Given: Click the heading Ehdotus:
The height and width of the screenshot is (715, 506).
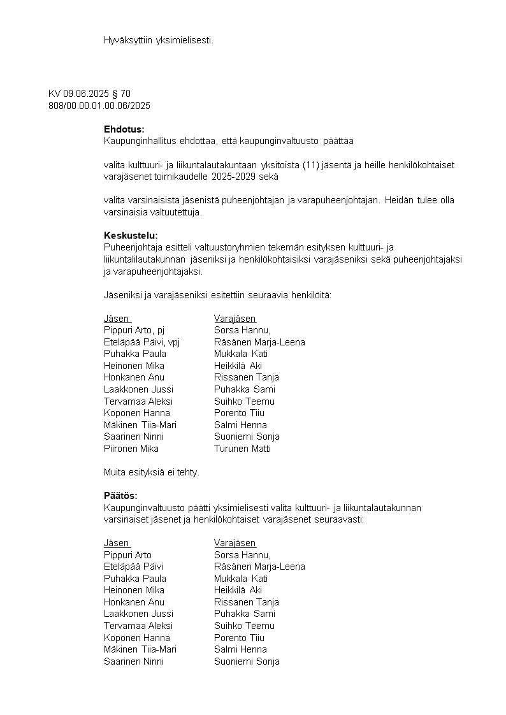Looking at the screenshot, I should tap(124, 129).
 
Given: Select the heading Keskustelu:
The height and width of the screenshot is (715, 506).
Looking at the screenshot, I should tap(131, 235).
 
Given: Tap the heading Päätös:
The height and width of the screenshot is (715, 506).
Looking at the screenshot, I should tap(120, 495).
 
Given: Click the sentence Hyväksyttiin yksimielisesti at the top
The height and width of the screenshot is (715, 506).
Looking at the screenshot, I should tap(159, 40).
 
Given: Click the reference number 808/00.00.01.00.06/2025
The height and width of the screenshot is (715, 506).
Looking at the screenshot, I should tap(99, 106).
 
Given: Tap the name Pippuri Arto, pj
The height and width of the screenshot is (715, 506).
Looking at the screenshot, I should tap(134, 330).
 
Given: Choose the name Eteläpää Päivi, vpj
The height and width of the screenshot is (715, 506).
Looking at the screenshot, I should tap(141, 342).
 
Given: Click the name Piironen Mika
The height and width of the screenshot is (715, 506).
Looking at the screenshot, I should tap(131, 449).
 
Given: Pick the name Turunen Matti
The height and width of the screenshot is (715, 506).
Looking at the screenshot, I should tap(242, 449).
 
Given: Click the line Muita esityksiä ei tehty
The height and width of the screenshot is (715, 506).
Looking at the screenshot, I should tap(152, 472).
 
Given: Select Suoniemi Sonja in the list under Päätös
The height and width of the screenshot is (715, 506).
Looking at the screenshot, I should tap(247, 661).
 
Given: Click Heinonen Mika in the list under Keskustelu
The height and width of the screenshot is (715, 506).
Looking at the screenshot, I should tap(134, 366).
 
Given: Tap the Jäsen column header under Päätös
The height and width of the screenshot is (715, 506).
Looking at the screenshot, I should tap(117, 543).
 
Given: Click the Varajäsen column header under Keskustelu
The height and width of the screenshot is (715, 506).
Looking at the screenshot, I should tap(235, 319).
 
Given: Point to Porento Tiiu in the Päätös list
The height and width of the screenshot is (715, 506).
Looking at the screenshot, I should tap(239, 638).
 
